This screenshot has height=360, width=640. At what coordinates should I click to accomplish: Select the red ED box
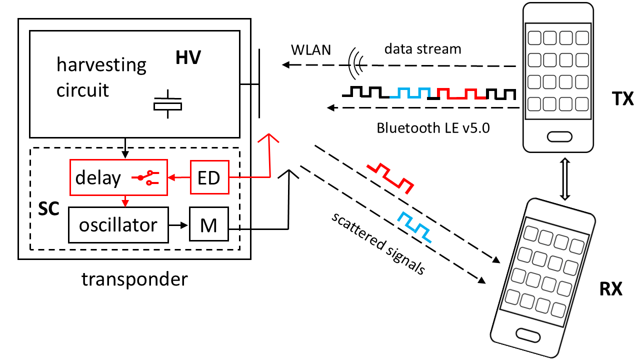209,177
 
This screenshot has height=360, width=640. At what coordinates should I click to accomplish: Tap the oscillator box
117,224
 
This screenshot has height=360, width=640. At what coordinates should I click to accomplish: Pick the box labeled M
208,225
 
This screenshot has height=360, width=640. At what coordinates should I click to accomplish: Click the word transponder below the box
134,278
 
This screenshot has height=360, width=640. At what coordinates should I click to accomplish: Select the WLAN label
308,50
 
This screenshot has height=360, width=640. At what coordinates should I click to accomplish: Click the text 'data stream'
423,49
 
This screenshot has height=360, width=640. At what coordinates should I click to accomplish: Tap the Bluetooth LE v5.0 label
433,127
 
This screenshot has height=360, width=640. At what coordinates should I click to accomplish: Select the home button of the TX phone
558,136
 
